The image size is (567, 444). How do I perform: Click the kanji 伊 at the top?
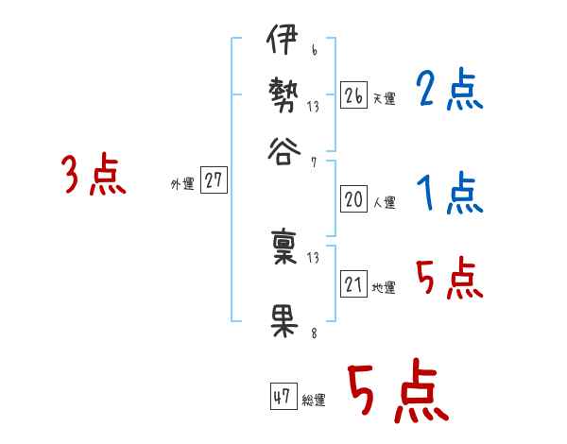283,43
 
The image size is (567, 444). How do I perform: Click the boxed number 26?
354,95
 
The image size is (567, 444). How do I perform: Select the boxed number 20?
354,199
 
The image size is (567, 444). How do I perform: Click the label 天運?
384,98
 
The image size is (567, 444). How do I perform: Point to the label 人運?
384,202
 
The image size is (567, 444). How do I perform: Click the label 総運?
314,400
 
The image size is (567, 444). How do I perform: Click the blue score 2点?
449,91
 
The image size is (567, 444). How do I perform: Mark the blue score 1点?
449,195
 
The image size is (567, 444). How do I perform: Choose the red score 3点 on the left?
94,176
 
